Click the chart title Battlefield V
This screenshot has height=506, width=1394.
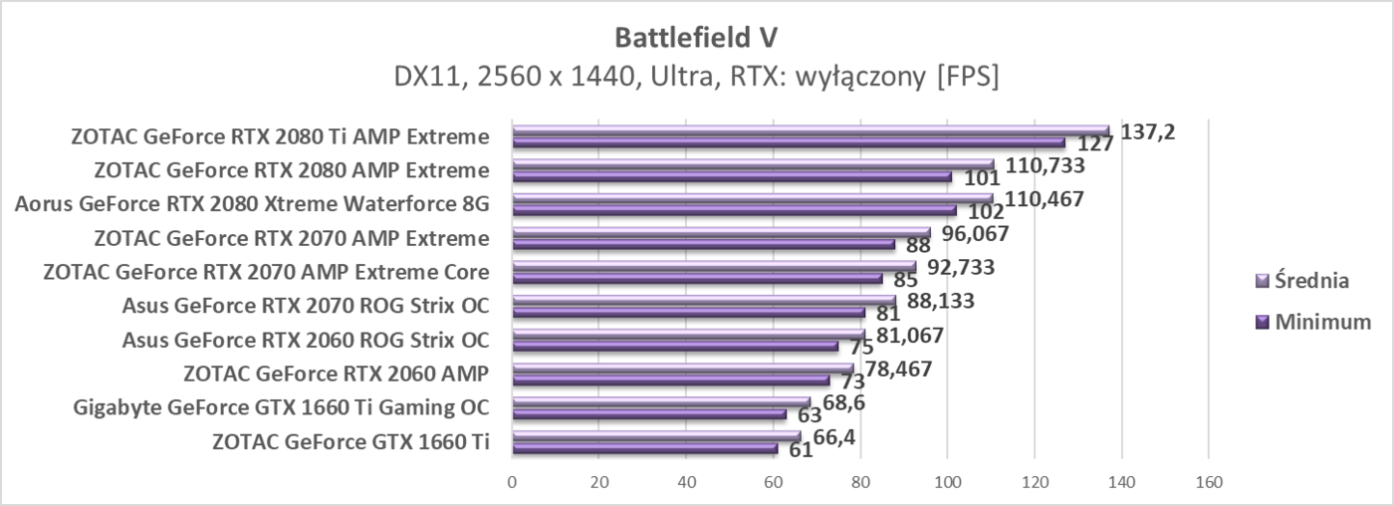click(x=697, y=37)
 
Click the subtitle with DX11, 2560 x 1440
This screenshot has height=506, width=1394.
click(x=697, y=77)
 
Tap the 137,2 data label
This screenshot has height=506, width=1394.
click(x=1147, y=131)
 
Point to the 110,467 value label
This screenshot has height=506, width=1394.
click(x=1045, y=199)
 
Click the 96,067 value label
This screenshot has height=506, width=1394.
click(x=970, y=234)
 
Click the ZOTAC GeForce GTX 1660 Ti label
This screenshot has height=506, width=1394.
click(x=350, y=442)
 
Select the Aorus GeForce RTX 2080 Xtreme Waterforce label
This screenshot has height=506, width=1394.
click(x=252, y=205)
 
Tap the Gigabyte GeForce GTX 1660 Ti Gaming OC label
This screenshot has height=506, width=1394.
click(x=281, y=408)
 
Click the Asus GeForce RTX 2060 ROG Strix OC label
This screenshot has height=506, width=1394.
click(x=306, y=341)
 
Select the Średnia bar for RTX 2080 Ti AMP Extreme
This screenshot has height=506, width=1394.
click(x=810, y=130)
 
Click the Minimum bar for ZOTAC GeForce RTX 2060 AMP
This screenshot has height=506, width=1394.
click(x=670, y=380)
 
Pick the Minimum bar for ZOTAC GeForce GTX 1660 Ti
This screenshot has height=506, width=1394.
click(x=644, y=448)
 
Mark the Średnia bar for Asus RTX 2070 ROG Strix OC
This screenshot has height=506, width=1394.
click(x=703, y=300)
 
